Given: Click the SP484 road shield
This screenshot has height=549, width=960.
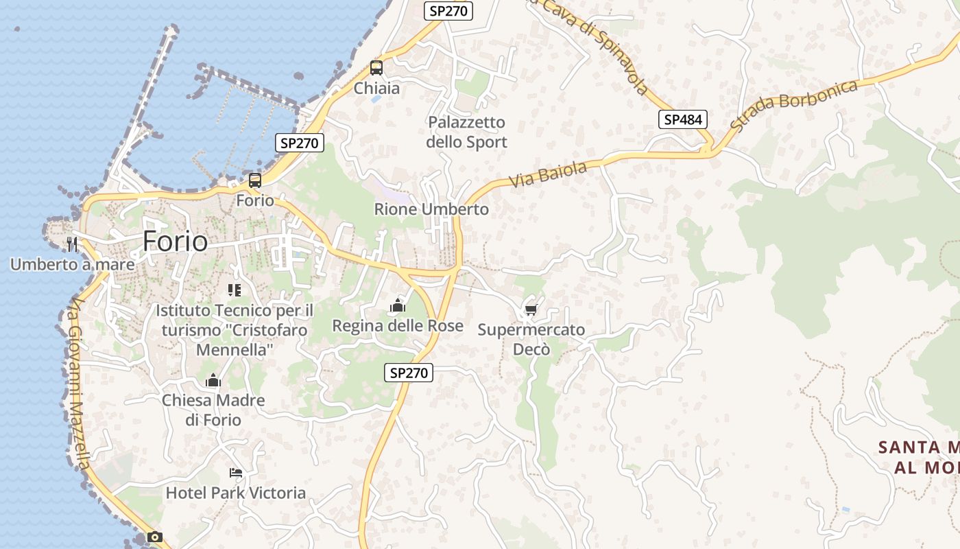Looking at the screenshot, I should coord(683,119).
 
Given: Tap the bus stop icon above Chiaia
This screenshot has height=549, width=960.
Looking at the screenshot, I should coord(376,68).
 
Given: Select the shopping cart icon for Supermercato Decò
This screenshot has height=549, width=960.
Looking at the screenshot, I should coord(531,310).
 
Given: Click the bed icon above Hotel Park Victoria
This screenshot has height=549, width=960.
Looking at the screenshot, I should coord(236,473).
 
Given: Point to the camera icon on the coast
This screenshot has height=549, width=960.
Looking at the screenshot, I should coord(155,537).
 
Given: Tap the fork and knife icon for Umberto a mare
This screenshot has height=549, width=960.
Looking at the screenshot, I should coord(71,244).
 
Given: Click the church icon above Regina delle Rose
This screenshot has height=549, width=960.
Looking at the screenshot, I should coord(398,305).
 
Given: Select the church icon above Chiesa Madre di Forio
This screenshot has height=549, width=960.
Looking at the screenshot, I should coord(213,380).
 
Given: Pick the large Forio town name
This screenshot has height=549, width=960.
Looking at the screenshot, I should coord(175,242).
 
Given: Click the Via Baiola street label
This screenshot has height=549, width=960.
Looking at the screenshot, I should coord(548,174).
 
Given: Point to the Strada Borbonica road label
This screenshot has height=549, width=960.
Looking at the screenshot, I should coord(794,105).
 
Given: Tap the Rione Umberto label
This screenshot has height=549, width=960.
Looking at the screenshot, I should coord(431,209).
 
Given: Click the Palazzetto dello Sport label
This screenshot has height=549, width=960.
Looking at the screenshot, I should coord(466,132).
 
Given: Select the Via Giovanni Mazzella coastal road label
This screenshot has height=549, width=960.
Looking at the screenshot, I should coord(79,384).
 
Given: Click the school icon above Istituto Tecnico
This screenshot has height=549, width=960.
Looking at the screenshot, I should coord(235,290).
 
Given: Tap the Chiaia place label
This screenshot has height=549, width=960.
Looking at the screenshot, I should coord(376,89).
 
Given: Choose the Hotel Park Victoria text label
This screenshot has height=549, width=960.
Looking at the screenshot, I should coord(236,493).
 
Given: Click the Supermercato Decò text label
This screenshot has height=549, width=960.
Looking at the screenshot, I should coord(531,340).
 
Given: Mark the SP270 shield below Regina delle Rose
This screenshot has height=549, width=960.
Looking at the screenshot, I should coord(409,373).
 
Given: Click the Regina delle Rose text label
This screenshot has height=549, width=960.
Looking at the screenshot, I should coord(398,326).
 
